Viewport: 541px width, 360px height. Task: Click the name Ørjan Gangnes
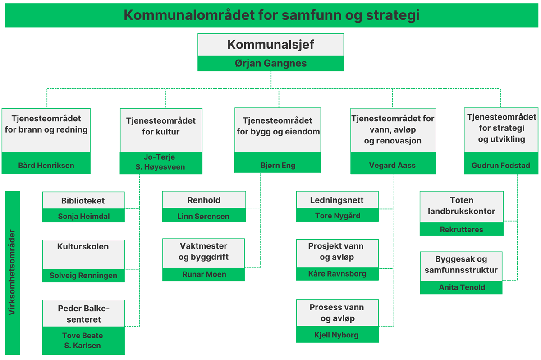pyautogui.click(x=270, y=63)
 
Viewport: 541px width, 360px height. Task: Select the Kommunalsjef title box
pyautogui.click(x=270, y=45)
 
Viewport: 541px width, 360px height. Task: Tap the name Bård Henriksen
pyautogui.click(x=46, y=166)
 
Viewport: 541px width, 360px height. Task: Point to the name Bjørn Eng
pyautogui.click(x=278, y=165)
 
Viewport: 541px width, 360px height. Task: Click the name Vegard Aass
pyautogui.click(x=392, y=165)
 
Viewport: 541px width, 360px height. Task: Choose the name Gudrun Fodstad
pyautogui.click(x=501, y=166)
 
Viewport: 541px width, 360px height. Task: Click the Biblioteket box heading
pyautogui.click(x=83, y=201)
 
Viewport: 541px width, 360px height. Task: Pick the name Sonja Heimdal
pyautogui.click(x=83, y=216)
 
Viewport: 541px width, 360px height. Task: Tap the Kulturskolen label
pyautogui.click(x=83, y=246)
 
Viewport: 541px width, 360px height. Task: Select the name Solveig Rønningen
pyautogui.click(x=83, y=276)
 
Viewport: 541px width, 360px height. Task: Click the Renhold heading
pyautogui.click(x=204, y=200)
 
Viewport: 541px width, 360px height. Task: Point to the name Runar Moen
pyautogui.click(x=204, y=274)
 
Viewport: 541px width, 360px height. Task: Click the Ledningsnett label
pyautogui.click(x=337, y=200)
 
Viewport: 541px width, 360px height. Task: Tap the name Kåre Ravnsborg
pyautogui.click(x=337, y=274)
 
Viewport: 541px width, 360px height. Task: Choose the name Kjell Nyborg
pyautogui.click(x=336, y=335)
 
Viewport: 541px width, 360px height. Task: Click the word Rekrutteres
pyautogui.click(x=461, y=230)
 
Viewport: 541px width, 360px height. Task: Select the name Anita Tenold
pyautogui.click(x=462, y=287)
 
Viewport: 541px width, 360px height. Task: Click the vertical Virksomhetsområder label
pyautogui.click(x=12, y=272)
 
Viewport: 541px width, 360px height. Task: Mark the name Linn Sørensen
pyautogui.click(x=203, y=216)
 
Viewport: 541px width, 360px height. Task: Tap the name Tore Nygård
pyautogui.click(x=337, y=216)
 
